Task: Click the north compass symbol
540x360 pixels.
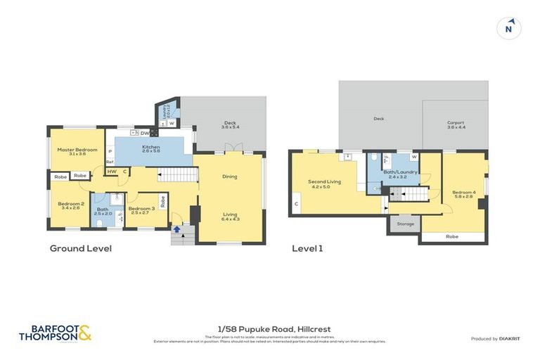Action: point(508,29)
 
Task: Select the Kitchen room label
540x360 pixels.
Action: point(150,148)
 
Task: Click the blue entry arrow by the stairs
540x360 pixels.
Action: point(176,228)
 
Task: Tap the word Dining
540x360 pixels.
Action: point(230,176)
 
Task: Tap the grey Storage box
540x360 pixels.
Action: point(405,224)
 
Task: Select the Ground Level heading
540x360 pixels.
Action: point(80,248)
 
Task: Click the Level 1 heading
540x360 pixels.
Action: point(307,248)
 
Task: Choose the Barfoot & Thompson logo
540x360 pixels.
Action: point(55,332)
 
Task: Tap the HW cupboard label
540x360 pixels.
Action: point(112,171)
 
